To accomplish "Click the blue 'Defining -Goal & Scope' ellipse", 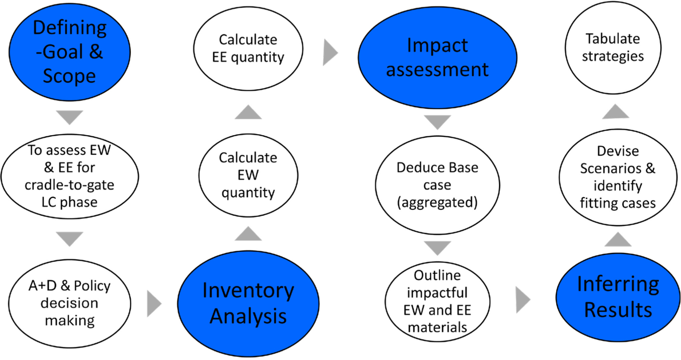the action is coord(70,52).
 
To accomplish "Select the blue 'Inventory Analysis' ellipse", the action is coord(248,303).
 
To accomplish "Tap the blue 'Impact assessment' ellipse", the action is coord(438,58).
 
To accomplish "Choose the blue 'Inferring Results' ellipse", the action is coord(618,297).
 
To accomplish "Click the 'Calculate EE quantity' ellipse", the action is coord(248,48).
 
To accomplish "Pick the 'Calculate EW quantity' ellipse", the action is coord(248,175).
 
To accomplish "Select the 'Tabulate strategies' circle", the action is coord(613,48).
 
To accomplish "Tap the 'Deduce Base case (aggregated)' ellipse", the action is coord(438,185).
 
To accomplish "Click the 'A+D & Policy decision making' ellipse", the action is coord(70,303).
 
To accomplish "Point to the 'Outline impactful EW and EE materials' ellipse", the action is coord(438,301).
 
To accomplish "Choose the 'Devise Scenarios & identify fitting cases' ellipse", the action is coord(618,177).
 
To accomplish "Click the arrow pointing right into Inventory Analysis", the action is coord(154,303).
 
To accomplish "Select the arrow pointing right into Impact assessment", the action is coord(330,52).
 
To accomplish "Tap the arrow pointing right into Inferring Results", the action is coord(523,300).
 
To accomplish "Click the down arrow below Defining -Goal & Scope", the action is coord(70,117).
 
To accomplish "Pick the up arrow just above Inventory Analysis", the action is coord(248,233).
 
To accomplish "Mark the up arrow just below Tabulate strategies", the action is coord(616,111).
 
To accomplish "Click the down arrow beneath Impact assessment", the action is coord(438,122).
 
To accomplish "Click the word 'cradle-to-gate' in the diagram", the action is coord(70,185).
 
